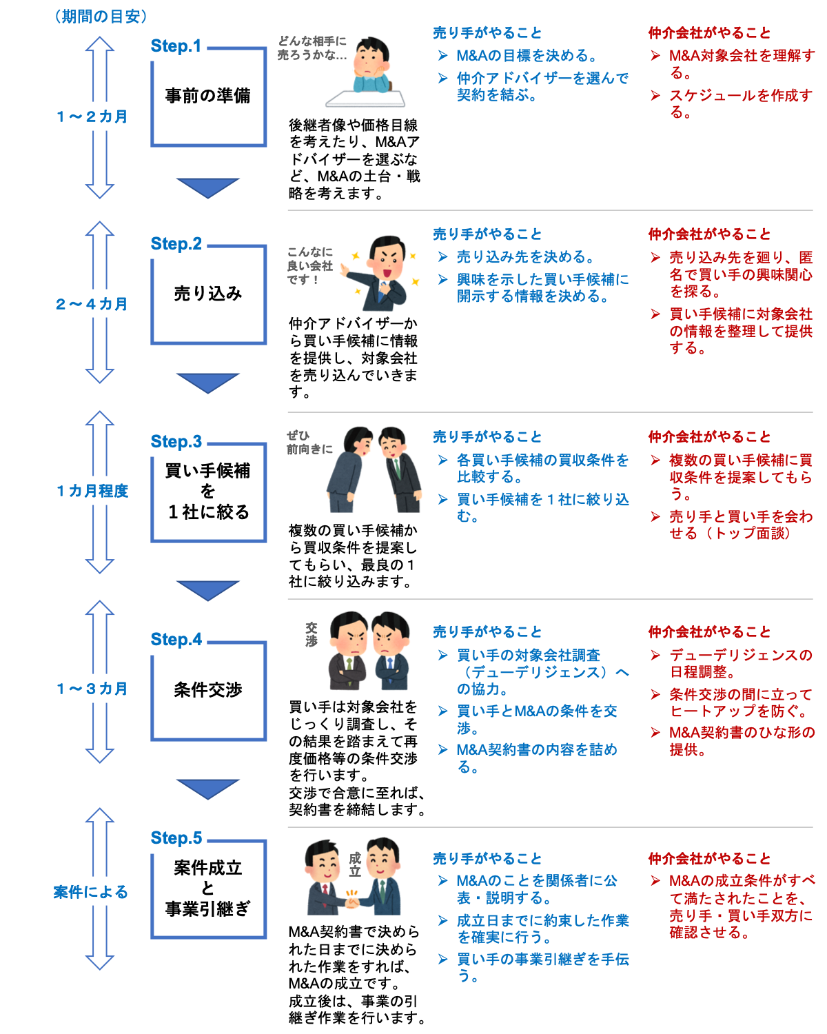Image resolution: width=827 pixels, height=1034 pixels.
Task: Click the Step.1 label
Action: [176, 46]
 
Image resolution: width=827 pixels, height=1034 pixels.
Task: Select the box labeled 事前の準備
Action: [208, 97]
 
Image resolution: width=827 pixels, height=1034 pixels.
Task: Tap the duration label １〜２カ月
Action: [92, 116]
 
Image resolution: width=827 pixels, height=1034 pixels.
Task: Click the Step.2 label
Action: [176, 244]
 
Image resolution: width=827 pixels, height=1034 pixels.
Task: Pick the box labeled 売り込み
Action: [208, 294]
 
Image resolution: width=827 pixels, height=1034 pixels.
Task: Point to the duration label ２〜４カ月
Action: [92, 304]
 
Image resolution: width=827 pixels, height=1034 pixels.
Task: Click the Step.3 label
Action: [176, 442]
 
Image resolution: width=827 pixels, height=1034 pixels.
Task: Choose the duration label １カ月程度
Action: [92, 491]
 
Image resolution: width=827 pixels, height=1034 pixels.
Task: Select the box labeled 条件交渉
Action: [208, 690]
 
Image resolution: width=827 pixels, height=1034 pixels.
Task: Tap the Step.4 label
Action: [176, 640]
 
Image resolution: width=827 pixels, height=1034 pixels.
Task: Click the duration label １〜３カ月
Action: [92, 689]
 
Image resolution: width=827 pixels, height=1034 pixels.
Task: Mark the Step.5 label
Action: [176, 838]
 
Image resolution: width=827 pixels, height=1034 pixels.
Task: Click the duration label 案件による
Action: [92, 892]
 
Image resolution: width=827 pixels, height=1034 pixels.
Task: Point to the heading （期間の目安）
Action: [101, 17]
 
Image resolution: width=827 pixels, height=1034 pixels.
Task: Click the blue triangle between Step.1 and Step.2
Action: [207, 187]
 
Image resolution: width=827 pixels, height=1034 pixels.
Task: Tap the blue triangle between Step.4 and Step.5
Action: [207, 788]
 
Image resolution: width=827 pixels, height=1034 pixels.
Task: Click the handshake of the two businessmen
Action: [353, 899]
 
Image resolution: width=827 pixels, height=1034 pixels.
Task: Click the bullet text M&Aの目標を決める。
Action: [527, 56]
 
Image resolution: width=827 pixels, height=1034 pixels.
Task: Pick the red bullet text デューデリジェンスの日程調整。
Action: [740, 663]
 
